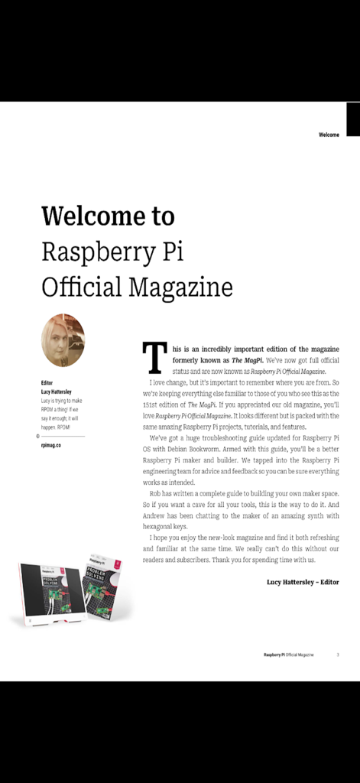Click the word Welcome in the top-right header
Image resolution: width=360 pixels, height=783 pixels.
click(329, 135)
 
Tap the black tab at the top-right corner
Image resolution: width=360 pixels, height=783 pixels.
click(352, 119)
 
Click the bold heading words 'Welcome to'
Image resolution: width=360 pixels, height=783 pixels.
click(108, 216)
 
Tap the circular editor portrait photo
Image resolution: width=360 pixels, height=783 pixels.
click(63, 340)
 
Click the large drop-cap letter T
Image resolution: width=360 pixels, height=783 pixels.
click(155, 357)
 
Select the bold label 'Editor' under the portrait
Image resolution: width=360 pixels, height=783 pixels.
click(47, 382)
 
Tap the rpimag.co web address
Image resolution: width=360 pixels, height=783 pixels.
click(51, 444)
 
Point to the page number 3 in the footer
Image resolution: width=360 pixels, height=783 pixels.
click(338, 655)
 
